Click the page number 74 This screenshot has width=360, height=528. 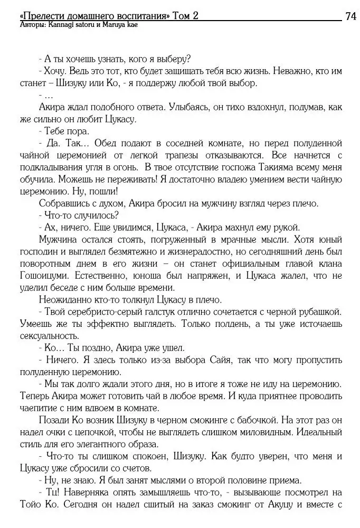(350, 16)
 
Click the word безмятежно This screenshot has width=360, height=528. (126, 252)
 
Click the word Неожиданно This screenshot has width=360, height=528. (66, 299)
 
